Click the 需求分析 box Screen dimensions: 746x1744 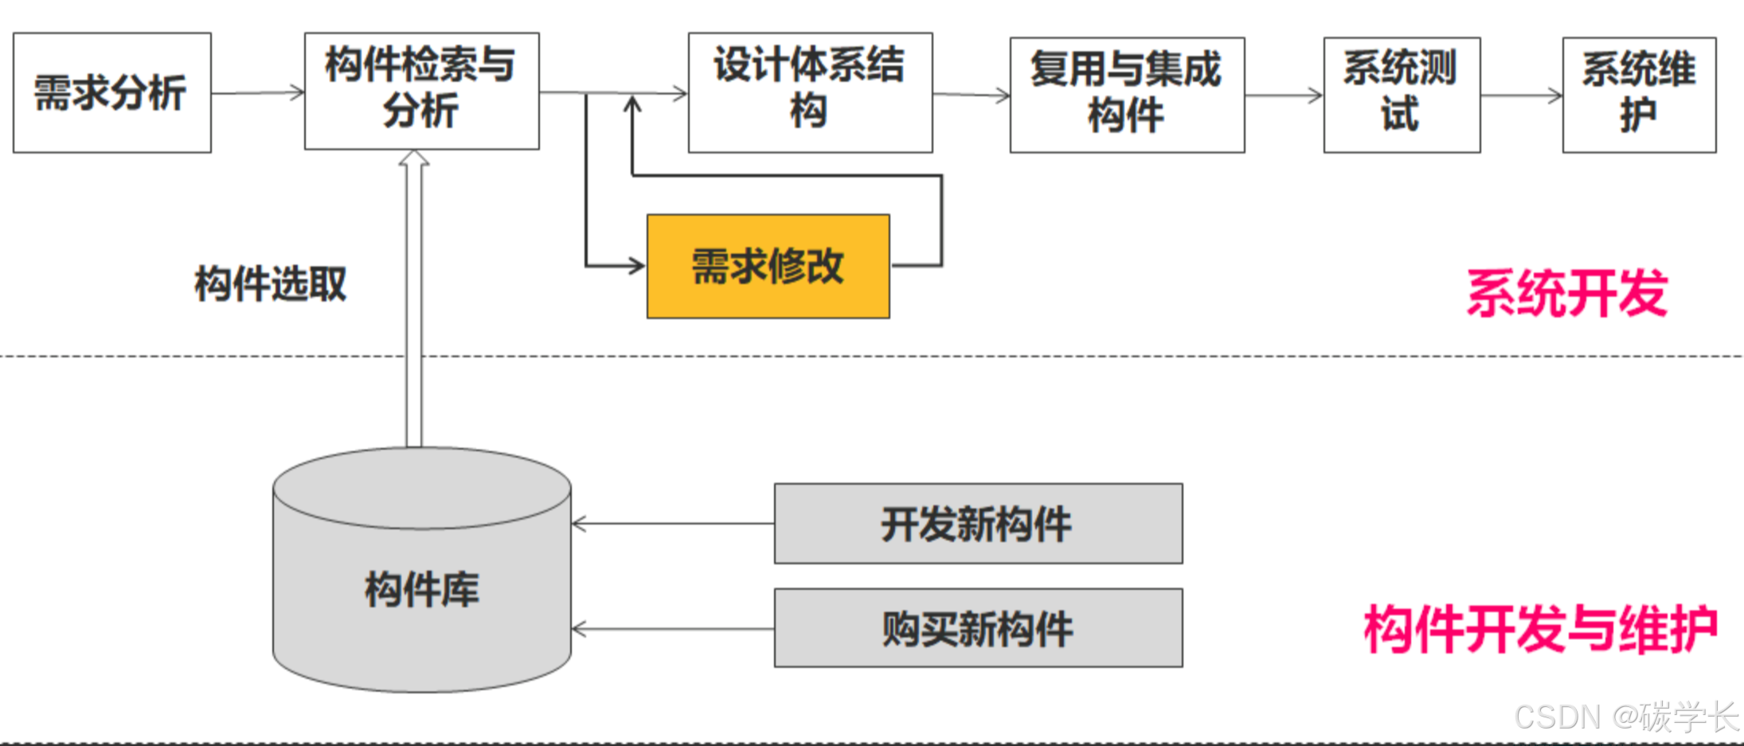click(112, 92)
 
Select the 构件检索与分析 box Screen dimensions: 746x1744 click(421, 90)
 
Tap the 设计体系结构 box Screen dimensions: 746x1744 click(810, 92)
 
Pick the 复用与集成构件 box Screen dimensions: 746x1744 click(1127, 95)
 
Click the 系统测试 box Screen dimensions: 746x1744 click(1402, 95)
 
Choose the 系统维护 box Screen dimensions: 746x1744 click(1639, 95)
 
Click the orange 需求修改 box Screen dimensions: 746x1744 click(768, 266)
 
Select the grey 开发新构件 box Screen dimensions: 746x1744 click(978, 523)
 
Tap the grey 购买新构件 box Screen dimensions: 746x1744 click(978, 628)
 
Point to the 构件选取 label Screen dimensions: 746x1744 click(271, 284)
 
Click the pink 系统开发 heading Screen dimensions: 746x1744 click(1566, 294)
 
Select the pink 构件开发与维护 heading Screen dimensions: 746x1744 click(1540, 629)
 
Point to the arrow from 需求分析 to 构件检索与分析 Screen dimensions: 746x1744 click(257, 93)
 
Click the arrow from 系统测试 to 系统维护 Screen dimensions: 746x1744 click(1521, 96)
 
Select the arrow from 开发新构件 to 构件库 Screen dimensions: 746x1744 click(673, 524)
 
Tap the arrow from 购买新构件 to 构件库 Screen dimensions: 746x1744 click(673, 629)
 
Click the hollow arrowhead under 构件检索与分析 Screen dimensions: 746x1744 click(414, 159)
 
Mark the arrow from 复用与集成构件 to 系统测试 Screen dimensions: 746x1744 click(1284, 96)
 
